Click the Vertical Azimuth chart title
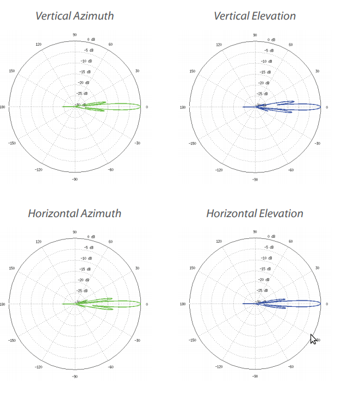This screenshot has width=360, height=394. point(75,15)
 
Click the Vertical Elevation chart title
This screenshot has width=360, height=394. point(255,15)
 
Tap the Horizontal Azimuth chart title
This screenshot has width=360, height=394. point(75,213)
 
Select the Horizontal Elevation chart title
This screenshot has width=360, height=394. point(255,213)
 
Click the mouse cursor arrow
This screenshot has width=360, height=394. point(313,339)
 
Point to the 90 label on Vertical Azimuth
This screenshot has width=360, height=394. point(75,35)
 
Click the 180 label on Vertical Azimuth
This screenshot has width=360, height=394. point(3,107)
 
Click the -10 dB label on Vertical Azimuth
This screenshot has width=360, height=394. point(86,61)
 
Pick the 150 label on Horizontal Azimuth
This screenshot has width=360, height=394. point(12,268)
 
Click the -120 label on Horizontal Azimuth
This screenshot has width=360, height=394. point(39,367)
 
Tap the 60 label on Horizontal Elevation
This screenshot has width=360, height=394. point(290,242)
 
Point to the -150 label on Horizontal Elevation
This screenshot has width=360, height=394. point(192,341)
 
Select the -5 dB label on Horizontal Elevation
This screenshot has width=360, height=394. point(269,248)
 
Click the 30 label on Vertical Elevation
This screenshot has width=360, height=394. point(317,71)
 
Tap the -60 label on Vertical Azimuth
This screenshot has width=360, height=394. point(110,170)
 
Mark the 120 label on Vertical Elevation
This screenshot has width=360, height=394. point(219,45)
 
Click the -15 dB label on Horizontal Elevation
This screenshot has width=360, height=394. point(266,269)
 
